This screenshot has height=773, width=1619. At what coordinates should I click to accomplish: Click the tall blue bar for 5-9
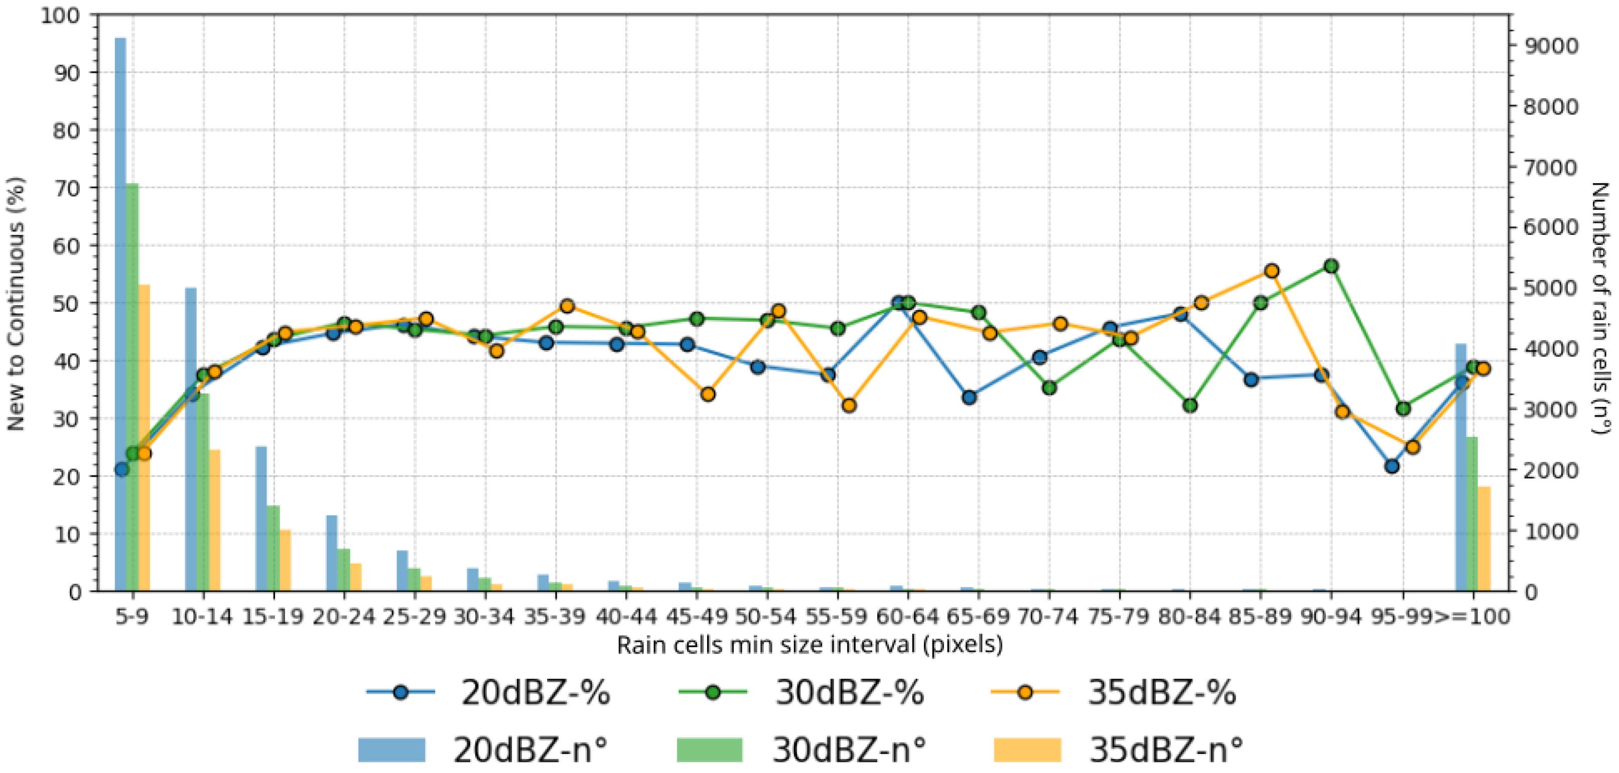[x=120, y=314]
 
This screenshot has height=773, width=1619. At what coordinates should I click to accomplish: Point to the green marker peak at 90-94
[x=1330, y=266]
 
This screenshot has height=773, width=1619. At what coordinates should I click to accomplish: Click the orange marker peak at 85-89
[x=1271, y=271]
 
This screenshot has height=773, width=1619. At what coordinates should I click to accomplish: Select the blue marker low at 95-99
[x=1392, y=466]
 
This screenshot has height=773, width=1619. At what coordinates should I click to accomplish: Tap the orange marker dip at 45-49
[x=708, y=394]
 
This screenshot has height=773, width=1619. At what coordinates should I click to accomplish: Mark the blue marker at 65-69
[x=969, y=397]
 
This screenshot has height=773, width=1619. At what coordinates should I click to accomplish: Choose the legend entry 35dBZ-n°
[x=1119, y=749]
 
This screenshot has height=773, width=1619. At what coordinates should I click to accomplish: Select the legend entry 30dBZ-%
[x=801, y=693]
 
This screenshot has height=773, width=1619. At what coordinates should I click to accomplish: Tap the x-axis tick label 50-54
[x=765, y=616]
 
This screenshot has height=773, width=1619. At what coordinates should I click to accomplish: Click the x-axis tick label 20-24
[x=343, y=616]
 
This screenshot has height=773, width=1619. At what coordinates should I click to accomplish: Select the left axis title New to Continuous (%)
[x=16, y=304]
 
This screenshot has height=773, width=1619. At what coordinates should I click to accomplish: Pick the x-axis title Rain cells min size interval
[x=809, y=646]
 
